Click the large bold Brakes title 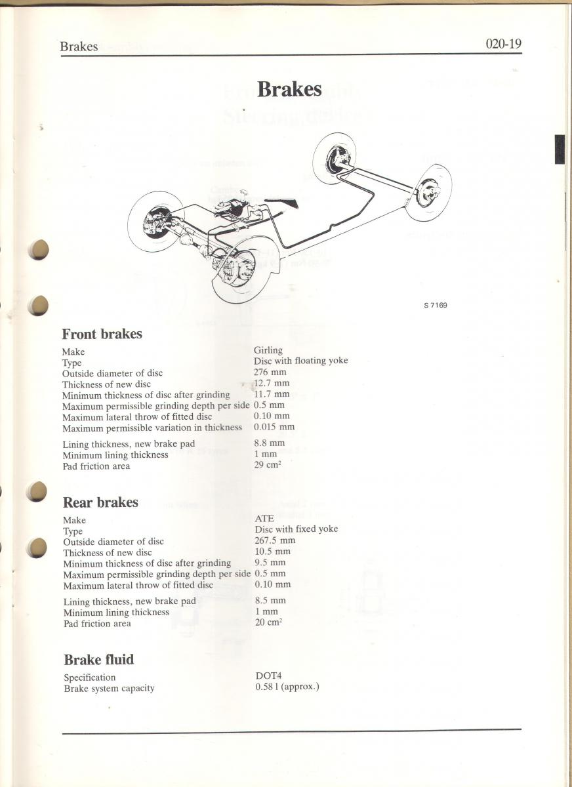pyautogui.click(x=289, y=89)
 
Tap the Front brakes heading pyautogui.click(x=102, y=334)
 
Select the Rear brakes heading pyautogui.click(x=100, y=502)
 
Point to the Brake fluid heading pyautogui.click(x=99, y=660)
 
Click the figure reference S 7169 pyautogui.click(x=436, y=306)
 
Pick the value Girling pyautogui.click(x=268, y=350)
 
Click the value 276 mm pyautogui.click(x=270, y=372)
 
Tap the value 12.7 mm pyautogui.click(x=272, y=383)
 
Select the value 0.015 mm pyautogui.click(x=274, y=426)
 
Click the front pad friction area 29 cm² pyautogui.click(x=268, y=465)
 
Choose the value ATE pyautogui.click(x=264, y=519)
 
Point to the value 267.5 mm pyautogui.click(x=275, y=540)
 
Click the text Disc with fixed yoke pyautogui.click(x=296, y=529)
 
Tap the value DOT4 pyautogui.click(x=268, y=676)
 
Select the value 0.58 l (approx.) pyautogui.click(x=287, y=687)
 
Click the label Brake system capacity pyautogui.click(x=109, y=688)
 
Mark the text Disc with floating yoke pyautogui.click(x=300, y=361)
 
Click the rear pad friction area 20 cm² pyautogui.click(x=269, y=622)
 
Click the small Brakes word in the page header pyautogui.click(x=79, y=47)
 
